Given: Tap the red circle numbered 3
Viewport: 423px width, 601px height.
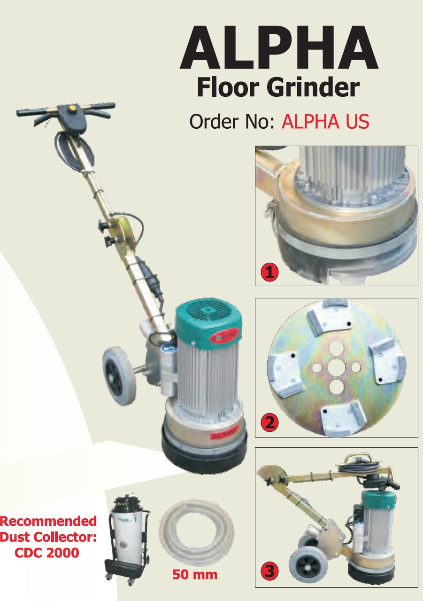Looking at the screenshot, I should pyautogui.click(x=269, y=572).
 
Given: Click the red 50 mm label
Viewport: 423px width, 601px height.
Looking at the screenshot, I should pyautogui.click(x=194, y=574).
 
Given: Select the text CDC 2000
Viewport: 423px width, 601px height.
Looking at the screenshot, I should pyautogui.click(x=46, y=553).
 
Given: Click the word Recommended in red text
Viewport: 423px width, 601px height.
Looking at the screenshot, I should pyautogui.click(x=48, y=521).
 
